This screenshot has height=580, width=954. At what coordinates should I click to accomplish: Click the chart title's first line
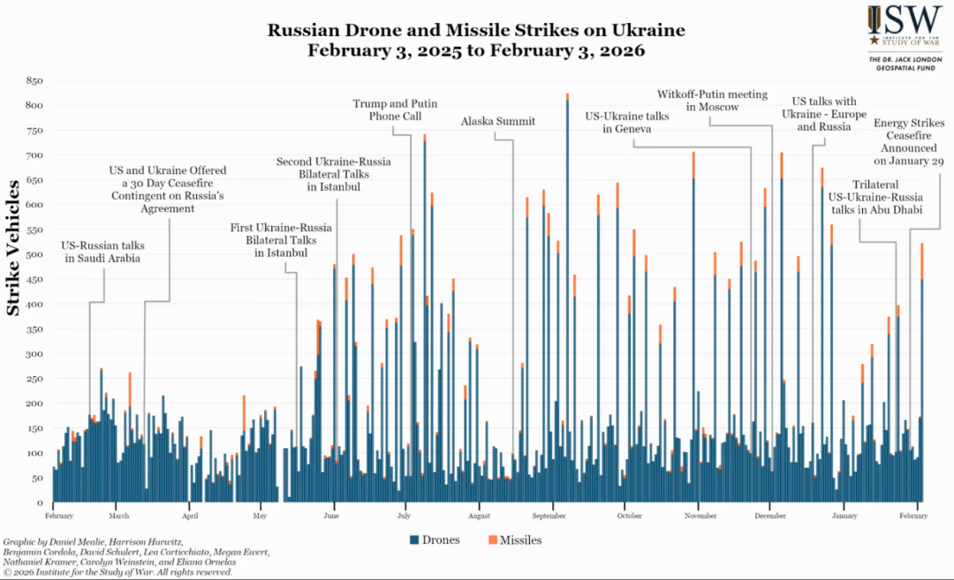tap(476, 30)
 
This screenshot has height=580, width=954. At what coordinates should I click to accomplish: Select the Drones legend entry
tap(435, 539)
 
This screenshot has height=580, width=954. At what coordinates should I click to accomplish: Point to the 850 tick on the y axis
tap(34, 81)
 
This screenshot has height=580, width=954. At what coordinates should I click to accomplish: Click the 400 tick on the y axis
tap(34, 305)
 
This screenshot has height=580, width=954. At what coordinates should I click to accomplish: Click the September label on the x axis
tap(549, 516)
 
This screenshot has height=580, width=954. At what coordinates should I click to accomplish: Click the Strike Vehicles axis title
tap(15, 248)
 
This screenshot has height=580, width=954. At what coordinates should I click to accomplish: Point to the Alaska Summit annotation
tap(497, 121)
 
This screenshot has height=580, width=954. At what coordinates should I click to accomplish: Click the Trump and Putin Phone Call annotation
tap(395, 109)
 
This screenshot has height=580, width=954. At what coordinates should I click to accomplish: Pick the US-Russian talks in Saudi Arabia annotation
tap(102, 252)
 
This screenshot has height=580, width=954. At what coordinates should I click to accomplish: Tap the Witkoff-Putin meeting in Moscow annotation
tap(713, 101)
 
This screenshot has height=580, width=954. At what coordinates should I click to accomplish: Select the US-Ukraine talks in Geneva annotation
tap(627, 122)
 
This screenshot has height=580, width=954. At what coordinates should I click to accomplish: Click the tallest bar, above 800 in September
tap(567, 265)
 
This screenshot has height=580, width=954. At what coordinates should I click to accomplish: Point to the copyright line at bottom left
tap(118, 572)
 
